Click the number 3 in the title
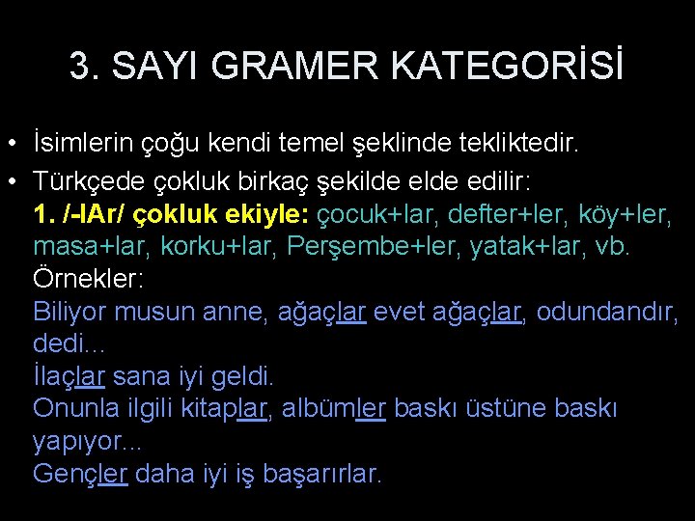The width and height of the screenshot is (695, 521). tap(79, 66)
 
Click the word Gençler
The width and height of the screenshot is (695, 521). tap(80, 474)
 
